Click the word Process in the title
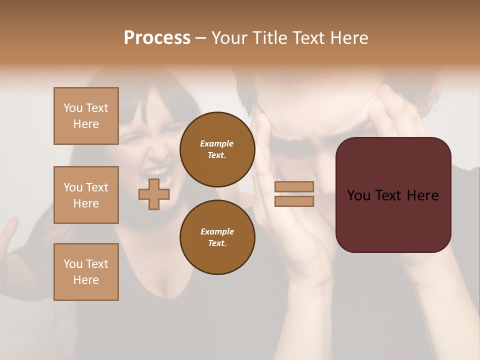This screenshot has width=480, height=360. click(157, 38)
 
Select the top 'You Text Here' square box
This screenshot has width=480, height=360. click(86, 116)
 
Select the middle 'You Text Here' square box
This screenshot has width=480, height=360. click(86, 195)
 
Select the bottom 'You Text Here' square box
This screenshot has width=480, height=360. click(86, 272)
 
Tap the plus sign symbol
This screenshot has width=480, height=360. click(154, 194)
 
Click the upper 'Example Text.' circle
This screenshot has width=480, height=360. click(217, 149)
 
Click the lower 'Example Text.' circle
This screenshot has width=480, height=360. click(217, 237)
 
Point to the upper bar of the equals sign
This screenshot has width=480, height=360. click(294, 186)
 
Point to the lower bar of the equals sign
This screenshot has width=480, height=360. click(294, 201)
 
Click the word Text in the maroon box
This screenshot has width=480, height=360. click(392, 195)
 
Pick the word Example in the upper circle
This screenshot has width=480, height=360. click(217, 143)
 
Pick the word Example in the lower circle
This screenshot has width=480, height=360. click(217, 231)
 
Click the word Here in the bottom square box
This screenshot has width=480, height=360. click(86, 280)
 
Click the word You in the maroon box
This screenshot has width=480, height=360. click(358, 195)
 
